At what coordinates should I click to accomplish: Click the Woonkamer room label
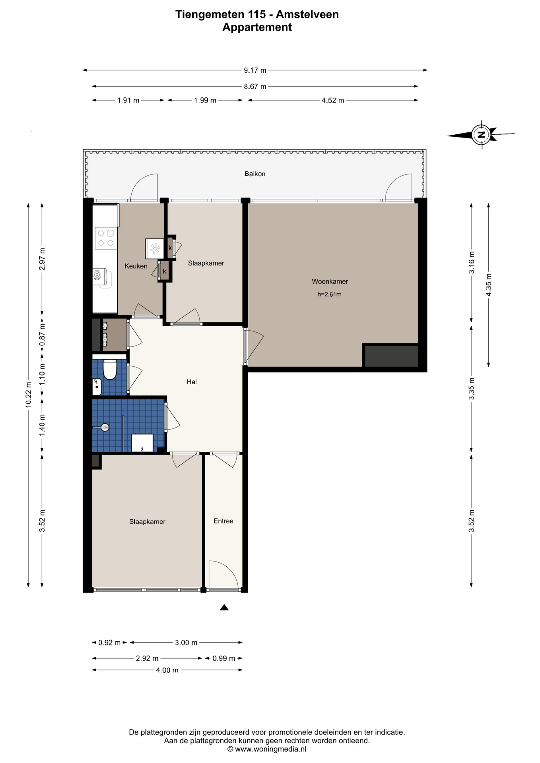click(x=330, y=281)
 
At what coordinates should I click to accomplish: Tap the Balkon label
click(x=255, y=174)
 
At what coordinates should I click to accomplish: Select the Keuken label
click(x=136, y=266)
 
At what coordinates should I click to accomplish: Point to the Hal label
click(x=192, y=382)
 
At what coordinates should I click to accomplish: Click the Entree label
click(x=223, y=521)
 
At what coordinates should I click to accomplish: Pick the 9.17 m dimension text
click(x=255, y=70)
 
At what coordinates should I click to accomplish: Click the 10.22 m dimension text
click(x=28, y=395)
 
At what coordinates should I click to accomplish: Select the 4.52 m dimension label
click(x=333, y=101)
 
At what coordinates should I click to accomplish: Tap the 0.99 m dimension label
click(x=224, y=658)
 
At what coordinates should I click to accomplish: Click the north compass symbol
click(x=481, y=134)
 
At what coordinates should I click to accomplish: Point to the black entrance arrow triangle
click(x=224, y=607)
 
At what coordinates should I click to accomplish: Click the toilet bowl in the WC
click(x=109, y=369)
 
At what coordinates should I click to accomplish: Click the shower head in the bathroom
click(x=105, y=428)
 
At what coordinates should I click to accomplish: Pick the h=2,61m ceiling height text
click(x=330, y=294)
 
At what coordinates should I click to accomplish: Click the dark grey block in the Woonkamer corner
click(x=391, y=356)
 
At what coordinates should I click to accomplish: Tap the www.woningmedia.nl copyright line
click(x=267, y=749)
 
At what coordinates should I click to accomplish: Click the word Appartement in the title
click(x=257, y=27)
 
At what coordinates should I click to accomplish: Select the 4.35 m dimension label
click(x=489, y=285)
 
